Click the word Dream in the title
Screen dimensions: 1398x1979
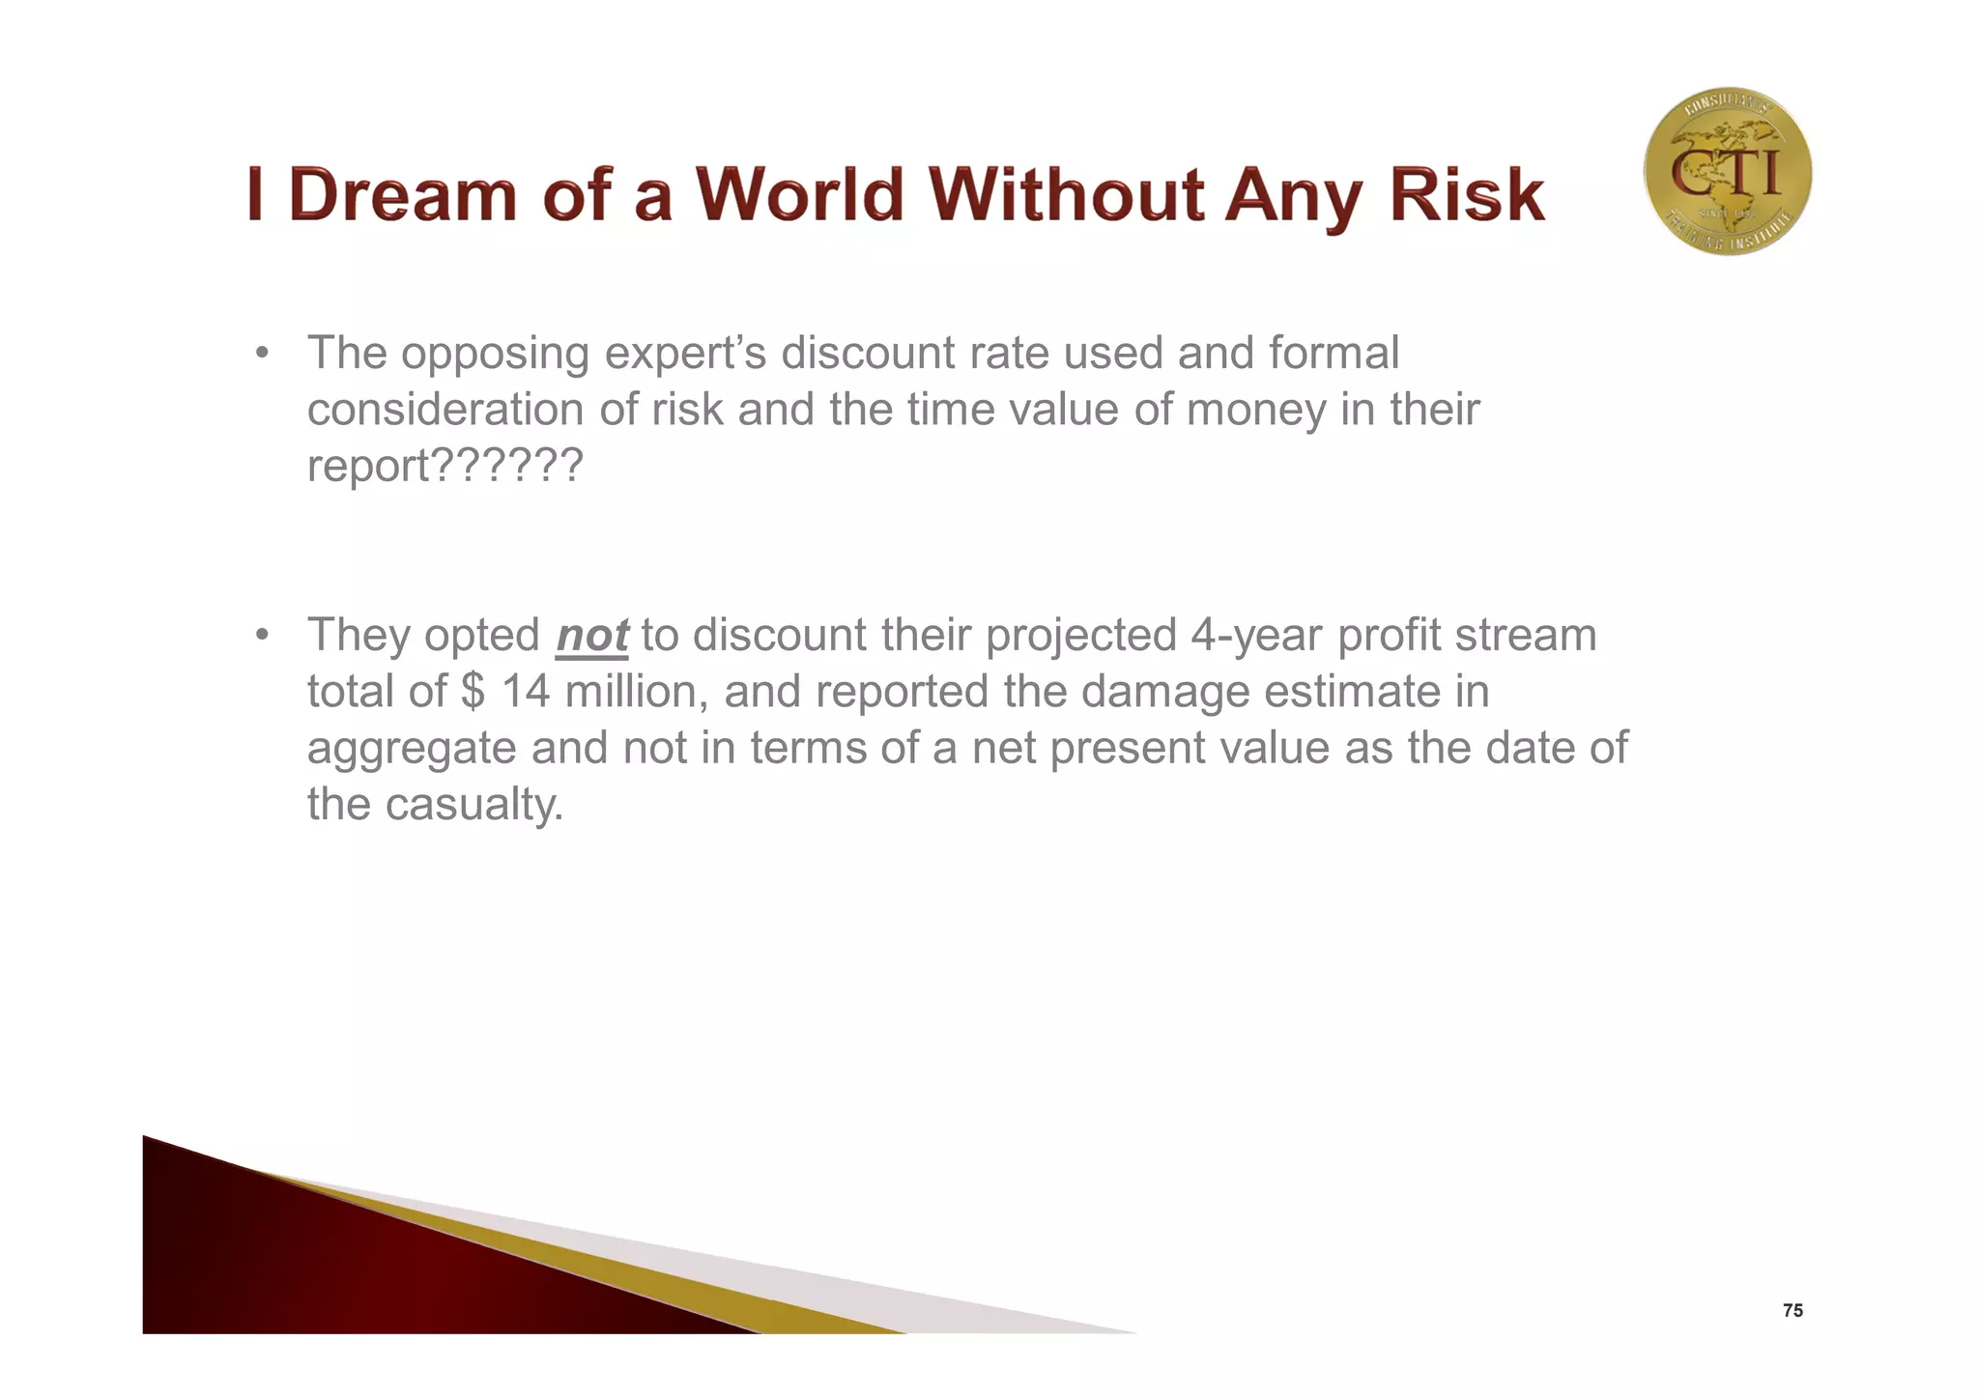402,196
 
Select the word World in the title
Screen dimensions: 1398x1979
799,196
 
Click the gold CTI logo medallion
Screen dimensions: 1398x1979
1727,171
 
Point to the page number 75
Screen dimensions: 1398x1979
1793,1311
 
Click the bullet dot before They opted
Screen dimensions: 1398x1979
261,636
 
